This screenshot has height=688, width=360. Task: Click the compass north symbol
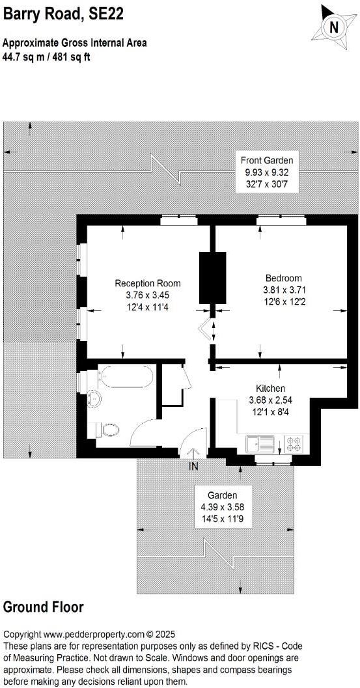click(334, 27)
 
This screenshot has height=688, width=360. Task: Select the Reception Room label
click(148, 283)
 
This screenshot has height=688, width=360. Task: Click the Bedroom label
click(283, 278)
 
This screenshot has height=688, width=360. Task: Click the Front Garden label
click(267, 160)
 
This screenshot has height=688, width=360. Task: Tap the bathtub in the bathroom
click(122, 379)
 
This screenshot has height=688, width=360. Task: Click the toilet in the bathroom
click(109, 428)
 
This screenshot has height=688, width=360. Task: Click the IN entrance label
click(193, 467)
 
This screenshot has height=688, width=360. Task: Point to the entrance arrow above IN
click(193, 454)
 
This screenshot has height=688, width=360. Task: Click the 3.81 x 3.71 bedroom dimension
click(284, 290)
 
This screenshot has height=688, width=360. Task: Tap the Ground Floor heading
click(44, 607)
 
